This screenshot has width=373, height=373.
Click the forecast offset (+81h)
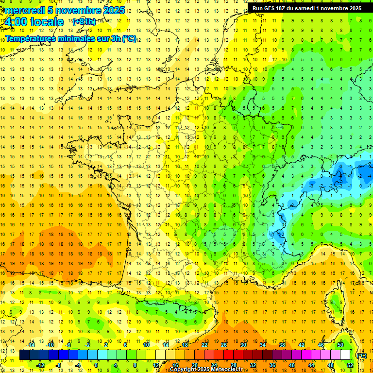coord(84,22)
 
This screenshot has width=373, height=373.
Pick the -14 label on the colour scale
coord(31,345)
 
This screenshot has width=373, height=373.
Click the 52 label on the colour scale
coord(350,365)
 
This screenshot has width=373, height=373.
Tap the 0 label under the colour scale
coord(96,365)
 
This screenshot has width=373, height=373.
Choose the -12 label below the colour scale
coord(41,365)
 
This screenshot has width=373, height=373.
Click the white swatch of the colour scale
coord(345,355)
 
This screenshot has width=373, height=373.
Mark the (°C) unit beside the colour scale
coord(361,356)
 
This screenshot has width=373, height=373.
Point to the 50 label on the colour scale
coord(340,345)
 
